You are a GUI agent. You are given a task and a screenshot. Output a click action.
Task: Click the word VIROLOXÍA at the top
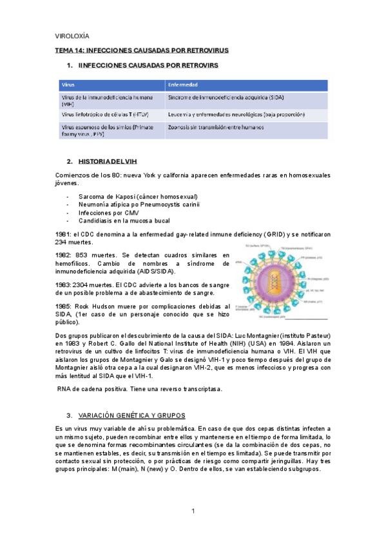point(72,36)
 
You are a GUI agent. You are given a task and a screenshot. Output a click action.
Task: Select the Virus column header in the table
point(68,85)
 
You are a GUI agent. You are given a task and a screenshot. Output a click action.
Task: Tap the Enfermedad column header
point(182,85)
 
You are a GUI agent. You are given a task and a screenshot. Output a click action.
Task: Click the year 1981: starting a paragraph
point(62,234)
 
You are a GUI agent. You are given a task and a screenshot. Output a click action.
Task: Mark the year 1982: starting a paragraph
point(62,255)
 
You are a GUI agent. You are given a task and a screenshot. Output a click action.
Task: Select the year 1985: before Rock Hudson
point(62,306)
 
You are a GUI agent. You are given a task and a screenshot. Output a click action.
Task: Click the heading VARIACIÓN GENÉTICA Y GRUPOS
point(131,415)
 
